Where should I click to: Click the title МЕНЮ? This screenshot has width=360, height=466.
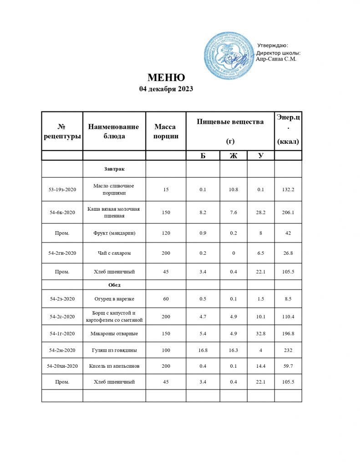(166, 77)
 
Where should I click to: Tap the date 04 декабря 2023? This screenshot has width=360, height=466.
(166, 89)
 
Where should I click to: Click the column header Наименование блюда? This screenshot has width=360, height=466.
(114, 131)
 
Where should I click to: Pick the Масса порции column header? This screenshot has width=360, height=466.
(166, 131)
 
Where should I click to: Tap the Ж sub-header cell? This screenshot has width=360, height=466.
(233, 156)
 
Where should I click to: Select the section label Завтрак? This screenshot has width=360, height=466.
(114, 169)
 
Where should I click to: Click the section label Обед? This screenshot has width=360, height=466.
(114, 285)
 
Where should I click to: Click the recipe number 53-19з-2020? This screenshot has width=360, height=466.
(62, 189)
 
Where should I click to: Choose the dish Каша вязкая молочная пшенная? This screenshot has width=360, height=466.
(114, 212)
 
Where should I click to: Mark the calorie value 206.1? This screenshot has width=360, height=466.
(288, 212)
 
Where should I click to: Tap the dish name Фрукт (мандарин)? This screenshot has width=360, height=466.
(114, 233)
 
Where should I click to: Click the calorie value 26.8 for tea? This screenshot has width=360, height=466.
(288, 253)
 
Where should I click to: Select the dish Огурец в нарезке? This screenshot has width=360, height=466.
(114, 299)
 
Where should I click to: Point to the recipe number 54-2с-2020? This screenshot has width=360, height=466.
(62, 316)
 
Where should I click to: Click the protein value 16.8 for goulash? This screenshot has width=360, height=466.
(203, 350)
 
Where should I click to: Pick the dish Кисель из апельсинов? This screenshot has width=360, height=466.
(114, 366)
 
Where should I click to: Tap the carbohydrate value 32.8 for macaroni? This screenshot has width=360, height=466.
(260, 334)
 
